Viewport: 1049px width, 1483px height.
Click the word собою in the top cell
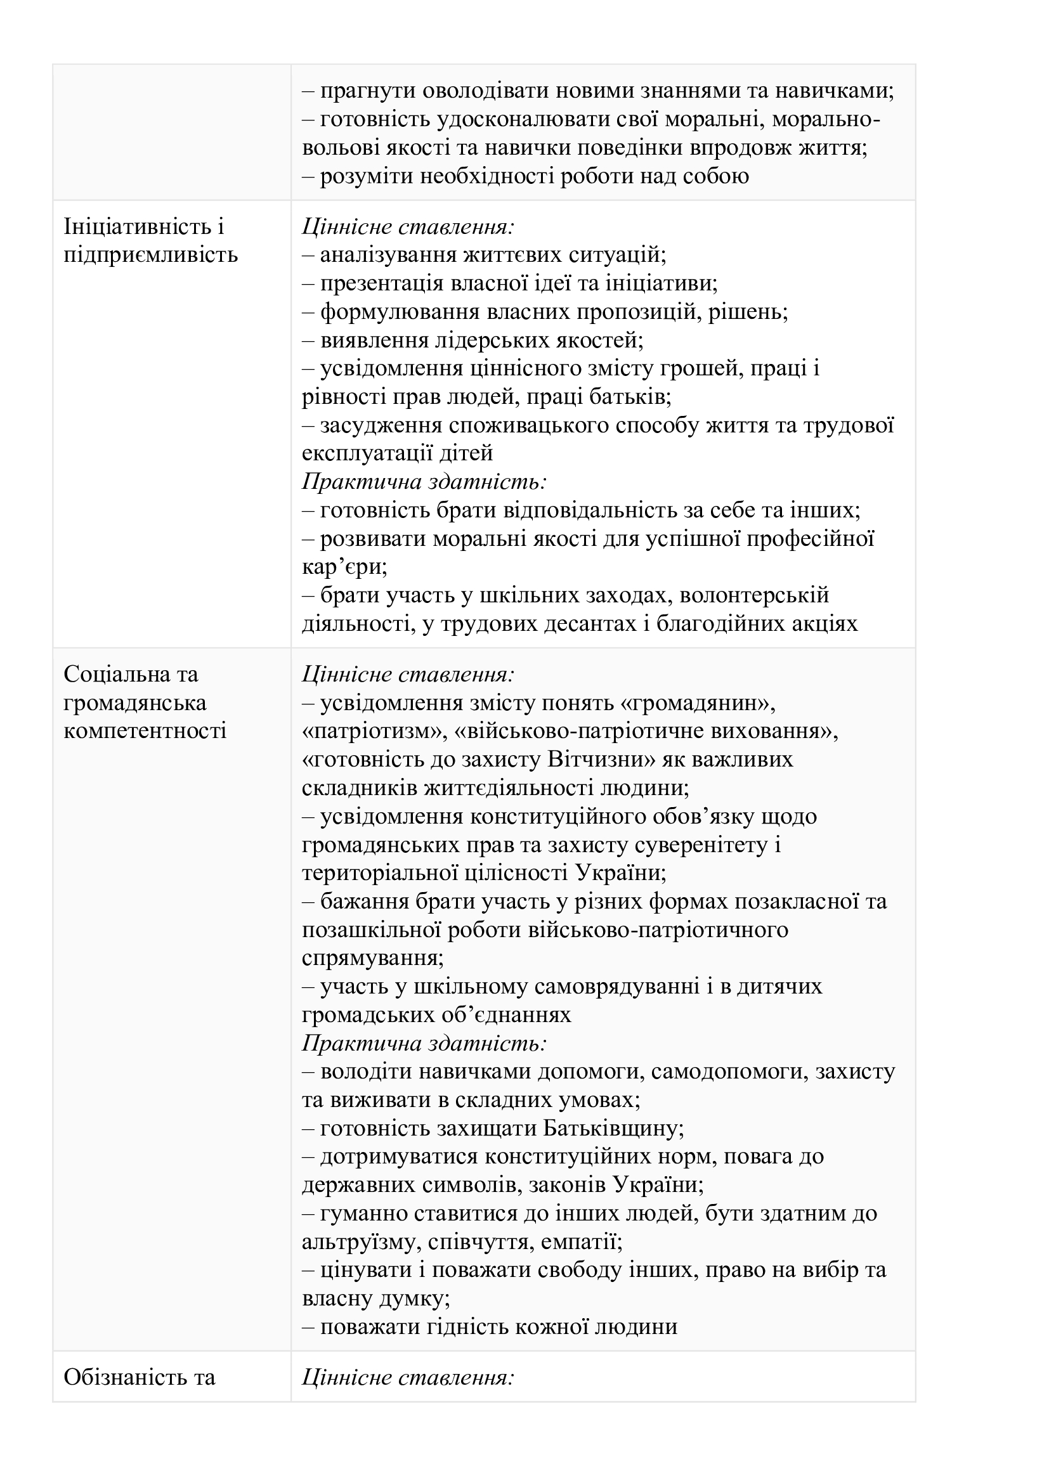(714, 176)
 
